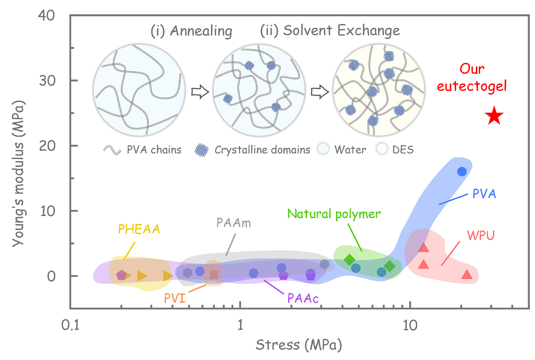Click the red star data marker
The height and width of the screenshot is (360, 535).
click(x=494, y=116)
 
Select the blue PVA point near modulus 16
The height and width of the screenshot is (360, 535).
click(x=462, y=171)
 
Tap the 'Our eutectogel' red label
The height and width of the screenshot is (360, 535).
click(x=472, y=77)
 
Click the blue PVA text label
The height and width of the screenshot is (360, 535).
click(x=484, y=193)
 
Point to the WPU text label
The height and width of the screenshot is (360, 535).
click(x=481, y=235)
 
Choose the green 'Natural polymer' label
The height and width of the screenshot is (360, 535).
click(x=334, y=214)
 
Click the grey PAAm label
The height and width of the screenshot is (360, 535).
click(x=234, y=223)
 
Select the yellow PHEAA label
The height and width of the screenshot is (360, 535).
click(x=139, y=229)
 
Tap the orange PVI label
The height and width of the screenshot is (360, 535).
click(x=175, y=298)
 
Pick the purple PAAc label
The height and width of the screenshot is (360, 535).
click(x=303, y=298)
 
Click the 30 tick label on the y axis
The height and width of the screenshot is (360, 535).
click(x=47, y=81)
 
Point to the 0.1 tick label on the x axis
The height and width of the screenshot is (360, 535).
click(x=70, y=325)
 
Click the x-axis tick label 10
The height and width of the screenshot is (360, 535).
click(x=410, y=325)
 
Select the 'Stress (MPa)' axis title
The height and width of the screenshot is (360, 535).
click(x=299, y=345)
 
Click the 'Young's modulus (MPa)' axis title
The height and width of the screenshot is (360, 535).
click(x=18, y=174)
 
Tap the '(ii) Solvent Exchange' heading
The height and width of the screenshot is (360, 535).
click(x=330, y=30)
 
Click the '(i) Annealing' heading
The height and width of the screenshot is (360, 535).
click(x=191, y=31)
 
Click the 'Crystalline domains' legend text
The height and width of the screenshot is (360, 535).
click(x=262, y=150)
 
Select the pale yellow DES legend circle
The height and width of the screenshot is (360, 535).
click(x=382, y=149)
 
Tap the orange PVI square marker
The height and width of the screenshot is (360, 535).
click(x=214, y=275)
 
